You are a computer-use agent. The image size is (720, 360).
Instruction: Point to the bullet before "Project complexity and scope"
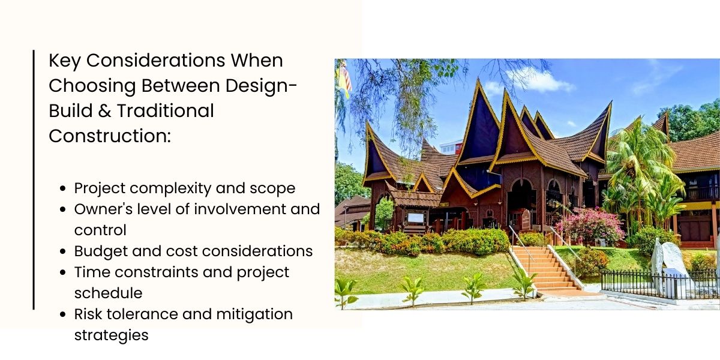point(64,189)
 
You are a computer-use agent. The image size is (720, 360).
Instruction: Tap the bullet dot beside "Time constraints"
point(64,272)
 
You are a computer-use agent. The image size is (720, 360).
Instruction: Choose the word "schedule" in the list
point(108,293)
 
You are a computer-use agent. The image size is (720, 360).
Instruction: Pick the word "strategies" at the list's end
point(111,335)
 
